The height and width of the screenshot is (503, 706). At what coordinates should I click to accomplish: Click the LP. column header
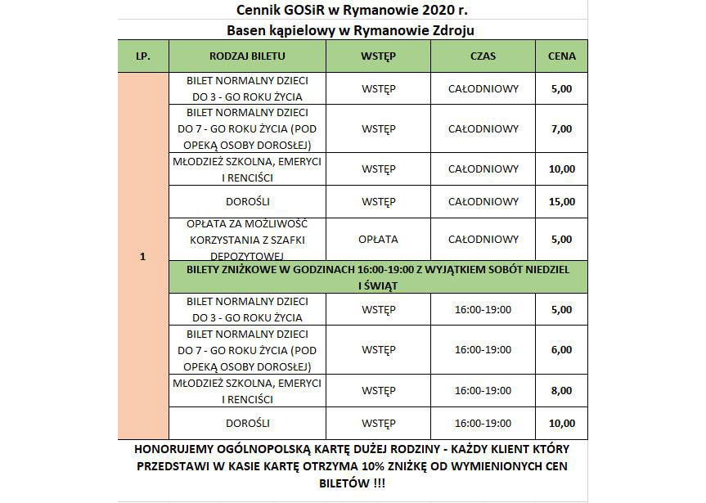tap(142, 56)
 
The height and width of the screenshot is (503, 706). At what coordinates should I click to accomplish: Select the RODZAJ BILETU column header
tap(247, 56)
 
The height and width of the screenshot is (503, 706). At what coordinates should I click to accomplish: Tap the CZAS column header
tap(483, 56)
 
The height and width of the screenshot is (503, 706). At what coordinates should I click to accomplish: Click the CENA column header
tap(561, 56)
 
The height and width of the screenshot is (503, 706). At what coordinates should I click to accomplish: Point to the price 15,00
tap(562, 201)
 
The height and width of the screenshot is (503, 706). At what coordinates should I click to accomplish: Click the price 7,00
tap(562, 128)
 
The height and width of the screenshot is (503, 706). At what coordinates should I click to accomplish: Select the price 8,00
tap(562, 390)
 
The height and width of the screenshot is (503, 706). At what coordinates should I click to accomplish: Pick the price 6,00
tap(562, 349)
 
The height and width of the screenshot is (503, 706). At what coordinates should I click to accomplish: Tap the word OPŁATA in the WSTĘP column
tap(378, 240)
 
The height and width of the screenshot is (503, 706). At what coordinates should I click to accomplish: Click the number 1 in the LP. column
tap(142, 257)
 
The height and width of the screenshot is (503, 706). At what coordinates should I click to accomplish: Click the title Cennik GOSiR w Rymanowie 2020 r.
tap(352, 10)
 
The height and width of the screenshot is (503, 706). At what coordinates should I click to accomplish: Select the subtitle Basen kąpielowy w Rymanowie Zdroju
tap(352, 30)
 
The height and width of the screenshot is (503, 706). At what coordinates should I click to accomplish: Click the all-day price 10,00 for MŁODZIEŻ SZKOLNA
tap(562, 169)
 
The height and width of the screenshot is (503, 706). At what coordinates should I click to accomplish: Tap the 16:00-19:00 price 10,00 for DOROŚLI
tap(562, 423)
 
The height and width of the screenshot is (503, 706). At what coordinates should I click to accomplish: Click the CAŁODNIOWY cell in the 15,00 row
tap(483, 201)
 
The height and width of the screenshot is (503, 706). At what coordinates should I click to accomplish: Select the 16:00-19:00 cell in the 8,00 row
tap(483, 390)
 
